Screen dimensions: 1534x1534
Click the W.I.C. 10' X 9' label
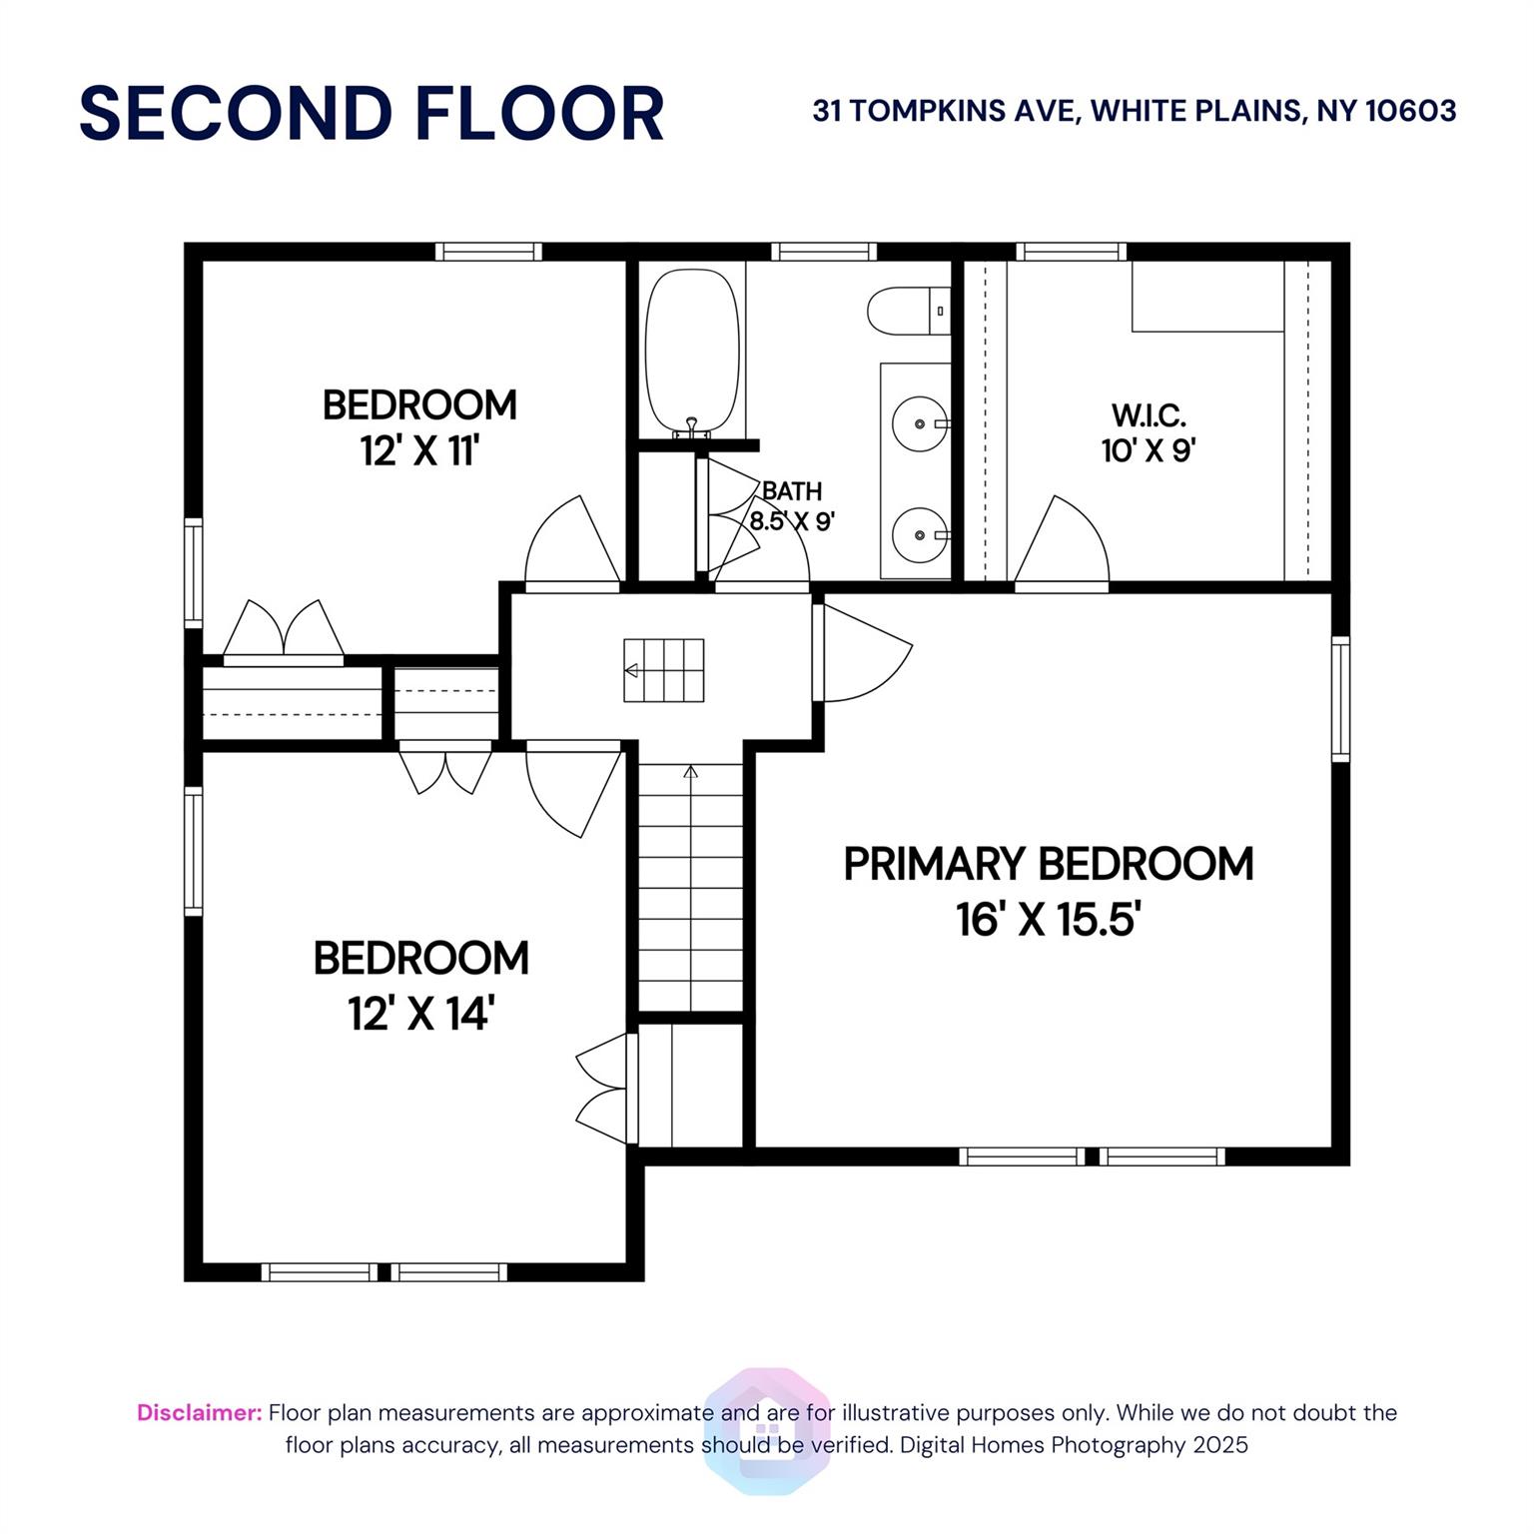(x=1149, y=432)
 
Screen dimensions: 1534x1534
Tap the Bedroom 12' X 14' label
(x=420, y=984)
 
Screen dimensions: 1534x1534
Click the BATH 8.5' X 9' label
(x=792, y=505)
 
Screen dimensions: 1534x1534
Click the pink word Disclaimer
(x=199, y=1412)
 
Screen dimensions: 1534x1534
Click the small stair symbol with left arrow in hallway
(x=664, y=670)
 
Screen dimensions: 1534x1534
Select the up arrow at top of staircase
(x=690, y=772)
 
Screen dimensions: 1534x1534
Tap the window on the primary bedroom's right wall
(x=1340, y=699)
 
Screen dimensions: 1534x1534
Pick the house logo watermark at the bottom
(x=767, y=1430)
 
